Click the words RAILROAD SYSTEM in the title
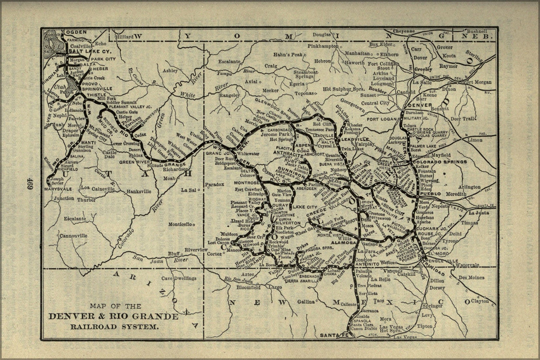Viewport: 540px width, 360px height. [x=114, y=327]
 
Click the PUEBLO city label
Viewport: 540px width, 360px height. [x=428, y=194]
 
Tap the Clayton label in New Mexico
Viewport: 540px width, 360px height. [x=480, y=301]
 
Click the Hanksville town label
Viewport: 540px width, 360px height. [x=139, y=192]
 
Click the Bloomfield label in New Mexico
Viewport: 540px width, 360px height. [x=248, y=288]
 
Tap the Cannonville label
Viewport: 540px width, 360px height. [x=73, y=236]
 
